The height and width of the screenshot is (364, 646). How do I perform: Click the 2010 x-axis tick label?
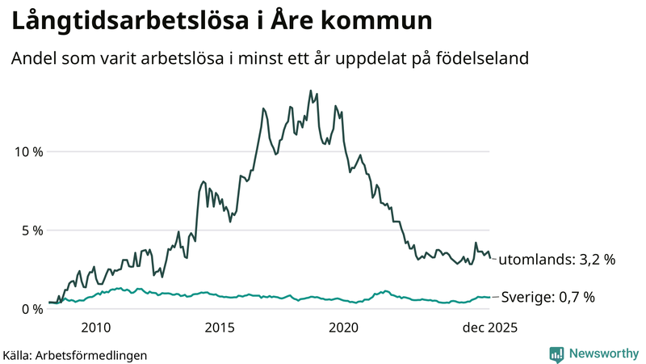(96, 328)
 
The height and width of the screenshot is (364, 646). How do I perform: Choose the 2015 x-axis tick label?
(220, 328)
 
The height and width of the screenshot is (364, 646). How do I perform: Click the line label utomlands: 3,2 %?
(556, 260)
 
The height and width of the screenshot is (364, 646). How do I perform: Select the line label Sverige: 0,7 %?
(547, 297)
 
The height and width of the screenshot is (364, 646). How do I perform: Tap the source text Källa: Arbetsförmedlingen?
(75, 354)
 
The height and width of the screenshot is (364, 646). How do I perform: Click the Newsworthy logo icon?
(556, 353)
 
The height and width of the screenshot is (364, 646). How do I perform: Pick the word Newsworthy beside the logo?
(603, 353)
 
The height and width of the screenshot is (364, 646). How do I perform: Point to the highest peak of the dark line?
(310, 91)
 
